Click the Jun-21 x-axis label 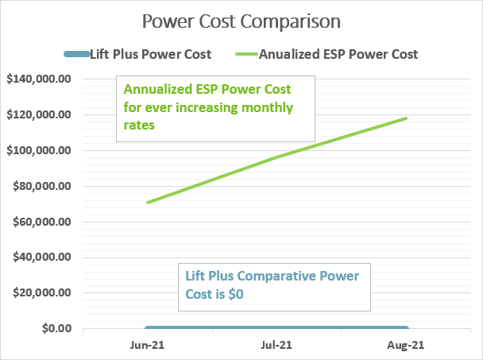(x=146, y=346)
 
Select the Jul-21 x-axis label (x=276, y=346)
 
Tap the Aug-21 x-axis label (x=407, y=346)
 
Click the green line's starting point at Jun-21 (x=147, y=203)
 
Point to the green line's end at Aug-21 (x=407, y=118)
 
